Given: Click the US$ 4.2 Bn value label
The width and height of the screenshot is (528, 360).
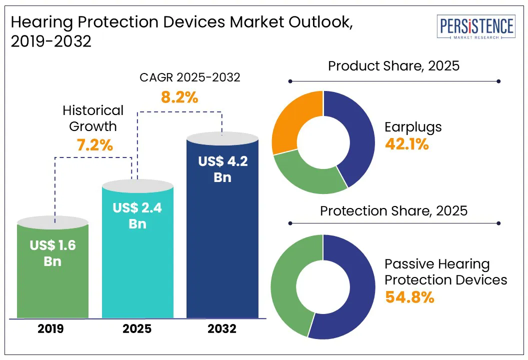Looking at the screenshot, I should tap(222, 169).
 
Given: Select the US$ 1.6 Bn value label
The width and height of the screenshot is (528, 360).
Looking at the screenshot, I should tap(52, 253).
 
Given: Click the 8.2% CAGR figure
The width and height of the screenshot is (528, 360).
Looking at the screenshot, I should tap(179, 96).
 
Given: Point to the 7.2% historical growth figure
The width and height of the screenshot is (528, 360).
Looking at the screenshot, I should tap(94, 145).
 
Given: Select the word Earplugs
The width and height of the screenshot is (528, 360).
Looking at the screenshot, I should tap(413, 127).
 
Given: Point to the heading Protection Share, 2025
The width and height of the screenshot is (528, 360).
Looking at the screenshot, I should tap(393, 210).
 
